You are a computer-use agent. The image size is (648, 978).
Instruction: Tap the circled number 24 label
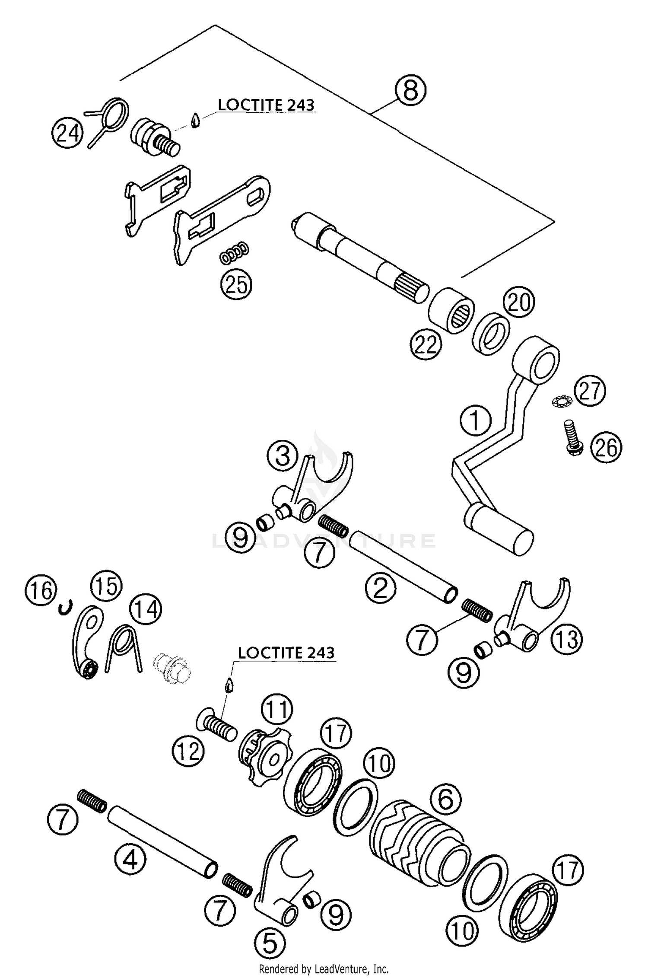point(67,133)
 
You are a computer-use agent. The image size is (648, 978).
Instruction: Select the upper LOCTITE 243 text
point(266,105)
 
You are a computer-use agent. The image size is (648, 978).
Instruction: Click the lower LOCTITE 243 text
point(286,652)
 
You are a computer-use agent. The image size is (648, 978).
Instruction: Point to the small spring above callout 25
point(234,255)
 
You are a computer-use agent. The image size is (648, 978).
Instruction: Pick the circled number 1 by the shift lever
point(475,420)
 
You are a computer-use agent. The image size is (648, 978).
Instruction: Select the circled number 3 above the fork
point(283,456)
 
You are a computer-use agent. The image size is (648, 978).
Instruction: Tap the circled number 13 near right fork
point(567,638)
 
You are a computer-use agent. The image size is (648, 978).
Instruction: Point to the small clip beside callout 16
point(64,608)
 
